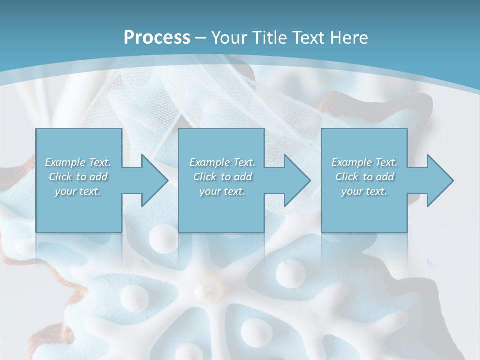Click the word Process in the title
pos(157,37)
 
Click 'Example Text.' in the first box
pos(78,162)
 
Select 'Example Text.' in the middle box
pos(222,162)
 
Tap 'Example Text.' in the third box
pos(364,162)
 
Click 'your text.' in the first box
pos(78,192)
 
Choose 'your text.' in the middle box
pos(222,192)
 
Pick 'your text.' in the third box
pos(364,192)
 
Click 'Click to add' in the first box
pos(78,177)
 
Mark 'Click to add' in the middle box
pos(222,177)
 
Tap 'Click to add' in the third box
pos(364,177)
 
